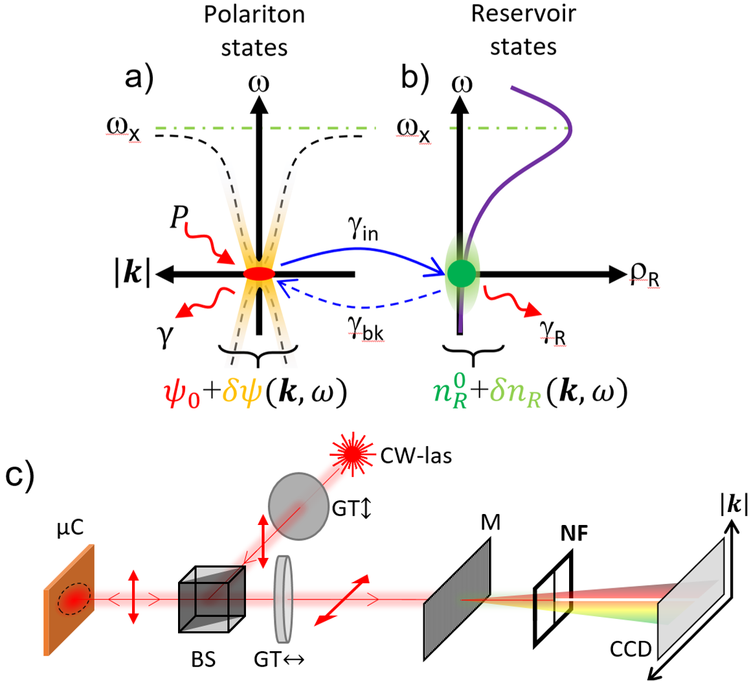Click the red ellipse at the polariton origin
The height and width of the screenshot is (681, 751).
tap(259, 274)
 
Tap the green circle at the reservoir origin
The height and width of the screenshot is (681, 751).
tap(461, 273)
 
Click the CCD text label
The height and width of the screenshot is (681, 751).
tap(631, 649)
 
